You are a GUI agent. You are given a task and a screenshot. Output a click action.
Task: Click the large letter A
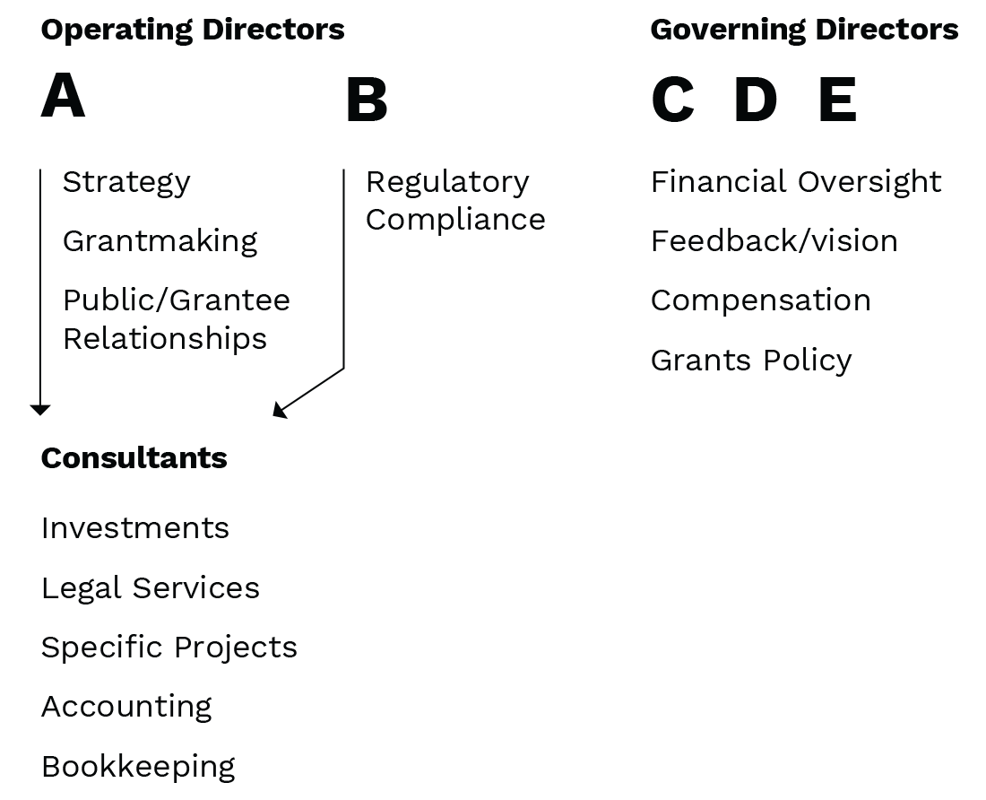point(63,95)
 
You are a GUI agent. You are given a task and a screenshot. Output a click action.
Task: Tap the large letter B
point(367,100)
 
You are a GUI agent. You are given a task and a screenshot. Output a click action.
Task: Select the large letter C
point(673,100)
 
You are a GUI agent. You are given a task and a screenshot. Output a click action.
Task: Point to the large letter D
point(756,100)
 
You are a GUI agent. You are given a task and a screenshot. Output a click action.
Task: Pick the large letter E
point(837,100)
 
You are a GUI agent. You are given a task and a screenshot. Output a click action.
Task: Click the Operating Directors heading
point(193,30)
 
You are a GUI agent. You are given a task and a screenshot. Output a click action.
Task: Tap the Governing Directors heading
point(804,30)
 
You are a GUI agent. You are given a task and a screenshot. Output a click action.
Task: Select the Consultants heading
point(134,458)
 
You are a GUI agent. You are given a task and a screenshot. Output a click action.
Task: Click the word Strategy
point(126,183)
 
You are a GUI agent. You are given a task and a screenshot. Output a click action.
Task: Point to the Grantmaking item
point(160,241)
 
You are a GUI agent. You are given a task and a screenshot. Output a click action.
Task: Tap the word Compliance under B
point(456,221)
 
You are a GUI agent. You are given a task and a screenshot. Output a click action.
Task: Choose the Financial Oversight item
point(796,182)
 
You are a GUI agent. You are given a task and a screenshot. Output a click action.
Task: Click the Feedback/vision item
point(774,241)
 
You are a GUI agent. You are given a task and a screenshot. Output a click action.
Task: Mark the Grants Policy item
point(751,361)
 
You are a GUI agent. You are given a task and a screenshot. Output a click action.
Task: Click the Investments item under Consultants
point(135,528)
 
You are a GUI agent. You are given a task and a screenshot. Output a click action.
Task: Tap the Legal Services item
point(151,588)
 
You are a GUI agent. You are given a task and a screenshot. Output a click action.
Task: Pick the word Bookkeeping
point(138,768)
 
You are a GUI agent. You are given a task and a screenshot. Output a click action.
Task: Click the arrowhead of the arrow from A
point(40,410)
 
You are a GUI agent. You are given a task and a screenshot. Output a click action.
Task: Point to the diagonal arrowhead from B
point(279,411)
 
